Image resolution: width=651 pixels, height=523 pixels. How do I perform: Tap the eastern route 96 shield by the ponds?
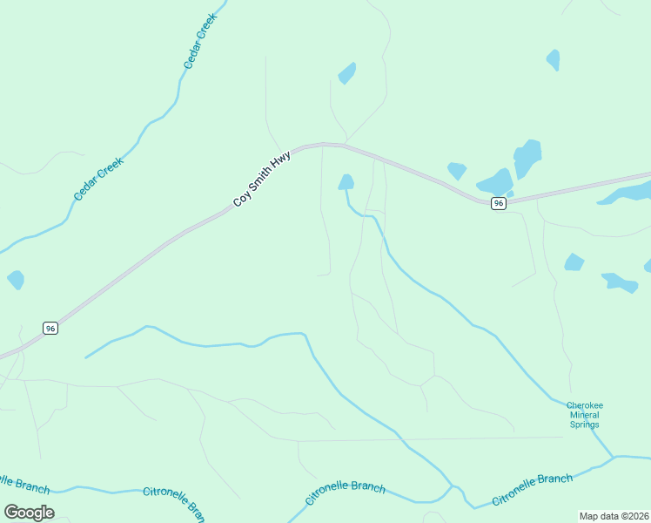coord(497,203)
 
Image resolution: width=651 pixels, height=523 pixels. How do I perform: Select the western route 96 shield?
coord(50,328)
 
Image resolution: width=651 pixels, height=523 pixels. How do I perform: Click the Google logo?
coord(29,513)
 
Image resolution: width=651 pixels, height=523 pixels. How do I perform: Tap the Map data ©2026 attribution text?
coord(613,516)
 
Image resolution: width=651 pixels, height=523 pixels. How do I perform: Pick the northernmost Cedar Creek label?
coord(199,44)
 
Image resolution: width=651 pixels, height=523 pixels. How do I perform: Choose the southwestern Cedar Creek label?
coord(98,179)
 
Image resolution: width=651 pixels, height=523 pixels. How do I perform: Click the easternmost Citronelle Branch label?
coord(532,490)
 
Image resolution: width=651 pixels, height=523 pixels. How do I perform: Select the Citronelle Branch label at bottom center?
coord(346,492)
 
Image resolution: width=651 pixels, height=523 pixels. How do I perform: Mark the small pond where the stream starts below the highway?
coord(346,182)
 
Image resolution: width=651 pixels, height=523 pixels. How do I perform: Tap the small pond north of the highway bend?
coord(346,73)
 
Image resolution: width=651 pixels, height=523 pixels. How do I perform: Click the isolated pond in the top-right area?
coord(553,59)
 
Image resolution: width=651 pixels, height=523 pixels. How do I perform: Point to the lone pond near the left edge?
coord(16,280)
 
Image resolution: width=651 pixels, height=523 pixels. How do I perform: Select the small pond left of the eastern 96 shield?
coord(457,171)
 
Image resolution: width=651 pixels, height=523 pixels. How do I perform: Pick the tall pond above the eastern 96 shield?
coord(527,158)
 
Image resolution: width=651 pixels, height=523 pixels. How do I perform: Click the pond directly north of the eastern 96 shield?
coord(496,182)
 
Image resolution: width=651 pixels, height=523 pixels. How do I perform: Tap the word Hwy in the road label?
coord(281,163)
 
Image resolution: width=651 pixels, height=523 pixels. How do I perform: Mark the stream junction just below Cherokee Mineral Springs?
coord(614,456)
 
